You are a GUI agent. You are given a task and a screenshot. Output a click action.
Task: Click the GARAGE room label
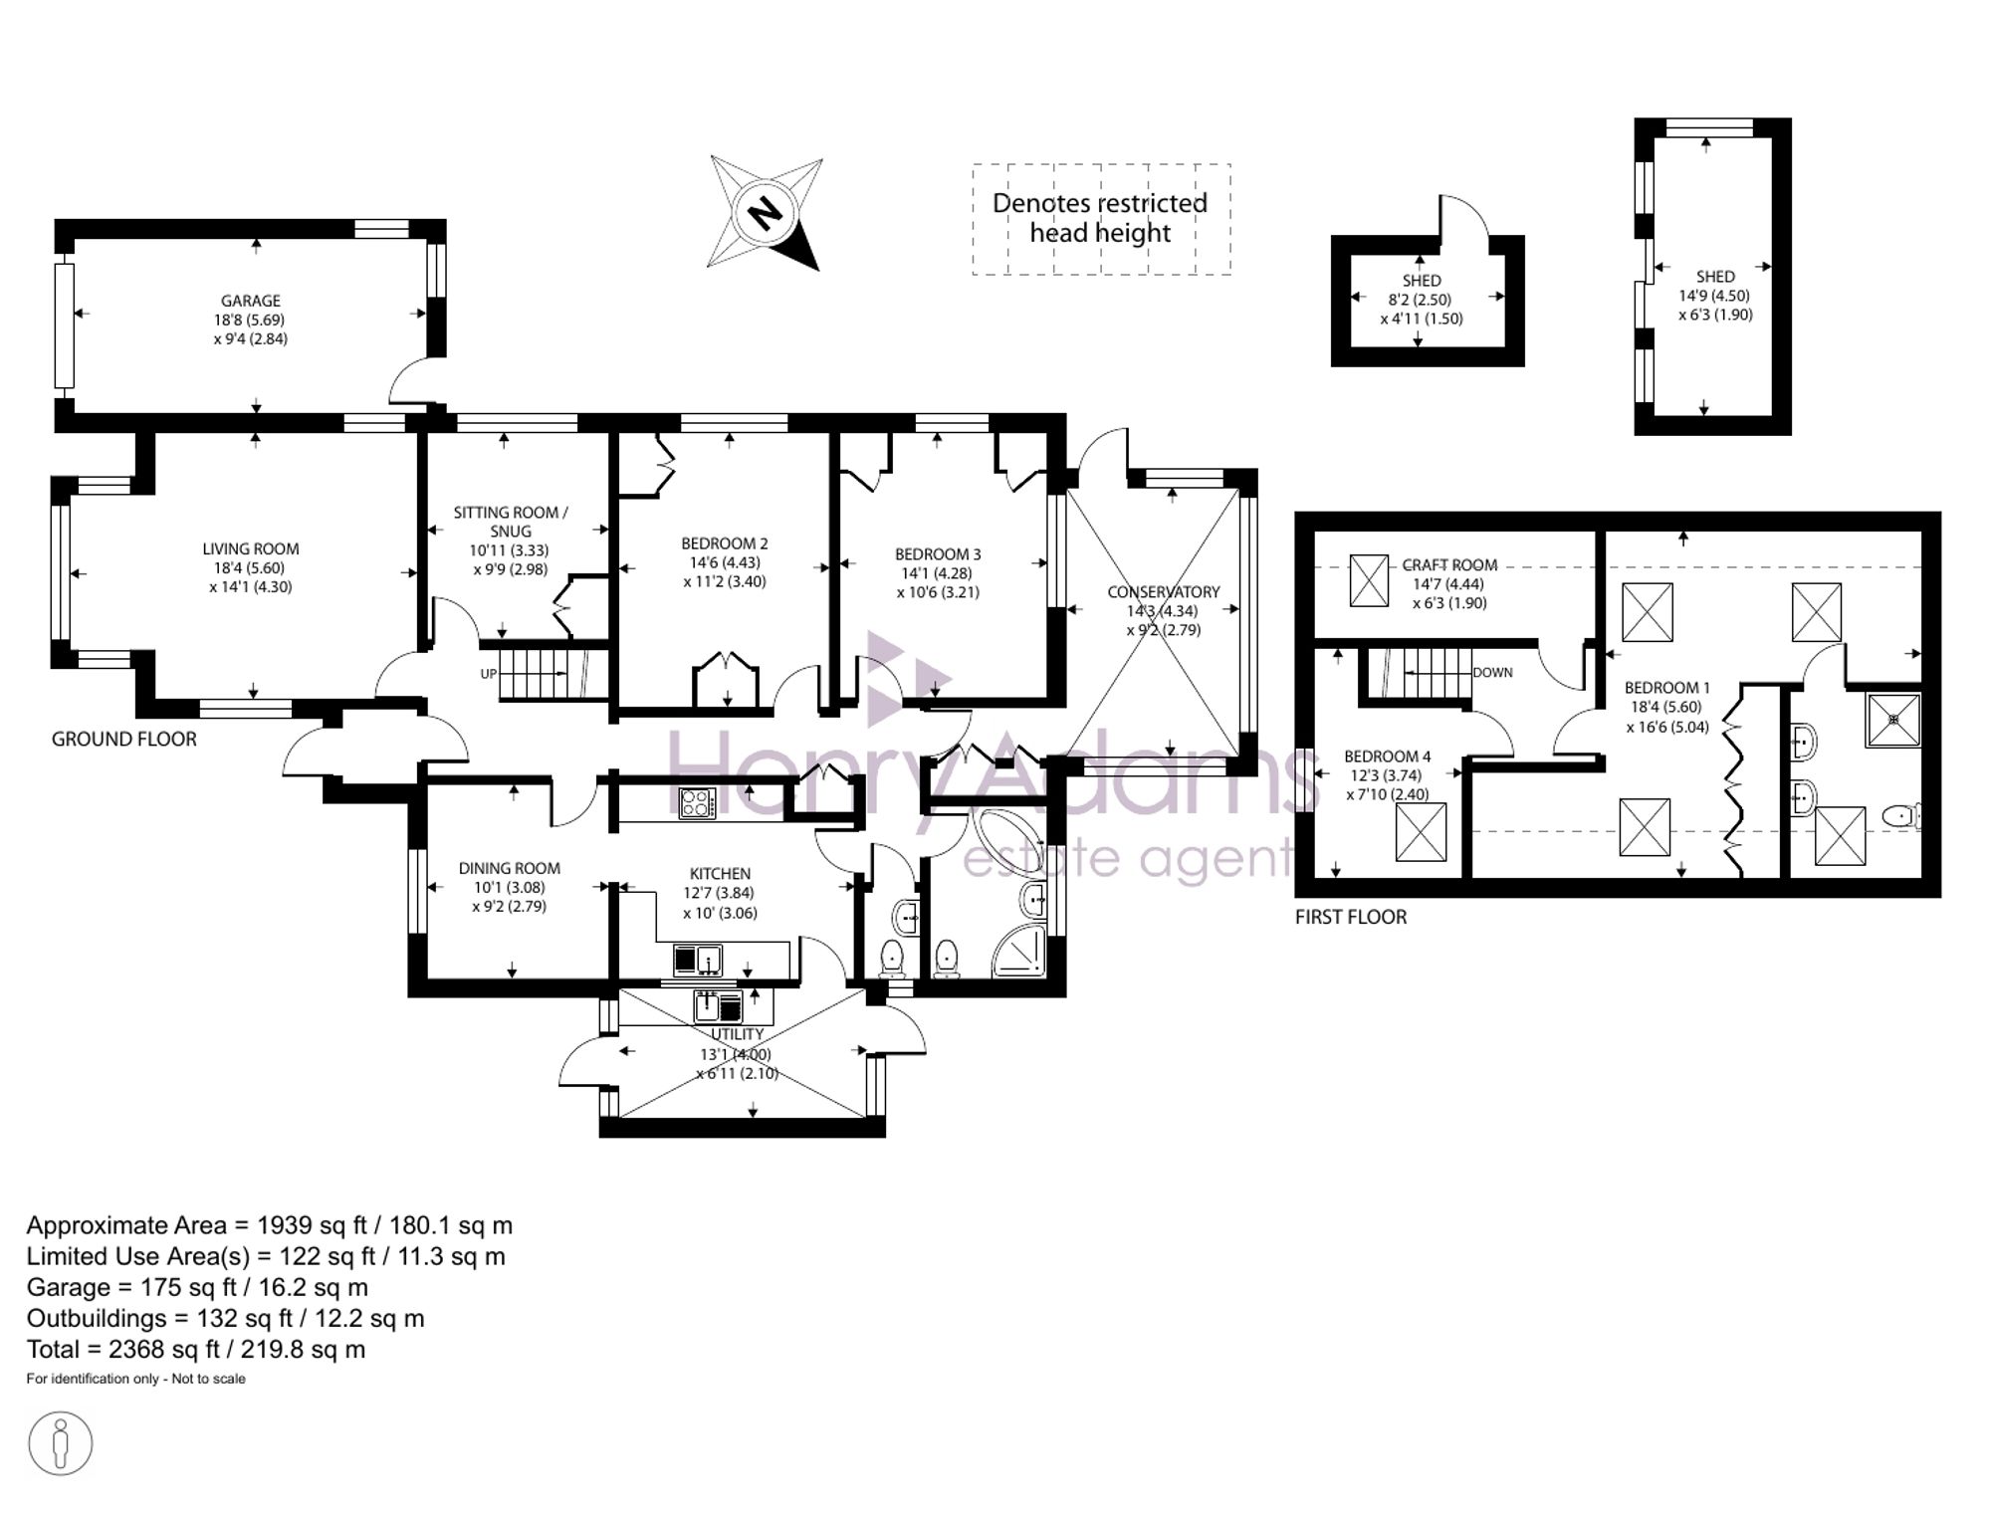(x=251, y=301)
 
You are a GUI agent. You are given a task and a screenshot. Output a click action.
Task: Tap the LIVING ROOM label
(x=251, y=548)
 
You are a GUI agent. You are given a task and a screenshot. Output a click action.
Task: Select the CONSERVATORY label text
(x=1164, y=592)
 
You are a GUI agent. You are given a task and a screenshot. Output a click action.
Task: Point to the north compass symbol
(x=765, y=213)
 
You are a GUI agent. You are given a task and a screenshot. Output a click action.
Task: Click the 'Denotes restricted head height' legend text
(x=1100, y=218)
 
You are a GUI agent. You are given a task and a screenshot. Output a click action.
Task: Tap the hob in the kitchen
(x=697, y=802)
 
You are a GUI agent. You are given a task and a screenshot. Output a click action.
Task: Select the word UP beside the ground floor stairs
(x=489, y=674)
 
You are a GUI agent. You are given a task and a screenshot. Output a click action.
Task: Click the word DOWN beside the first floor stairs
(x=1492, y=673)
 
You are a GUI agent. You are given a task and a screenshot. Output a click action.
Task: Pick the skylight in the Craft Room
(x=1369, y=580)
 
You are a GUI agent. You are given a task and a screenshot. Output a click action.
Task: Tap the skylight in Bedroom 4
(x=1421, y=832)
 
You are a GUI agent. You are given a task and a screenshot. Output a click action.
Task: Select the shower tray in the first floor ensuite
(x=1892, y=720)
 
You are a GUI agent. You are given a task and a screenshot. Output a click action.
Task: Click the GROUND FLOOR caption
(x=124, y=739)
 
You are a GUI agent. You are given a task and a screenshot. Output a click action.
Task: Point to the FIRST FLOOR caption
(x=1351, y=917)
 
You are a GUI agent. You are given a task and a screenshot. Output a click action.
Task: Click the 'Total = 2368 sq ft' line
(x=196, y=1350)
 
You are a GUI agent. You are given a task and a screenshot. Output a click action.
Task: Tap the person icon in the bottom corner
(x=61, y=1443)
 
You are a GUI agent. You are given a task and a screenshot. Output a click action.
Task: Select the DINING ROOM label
(x=510, y=868)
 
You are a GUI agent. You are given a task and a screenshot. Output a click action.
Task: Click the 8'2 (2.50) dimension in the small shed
(x=1420, y=300)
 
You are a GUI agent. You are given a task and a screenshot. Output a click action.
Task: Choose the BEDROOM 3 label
(x=938, y=554)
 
